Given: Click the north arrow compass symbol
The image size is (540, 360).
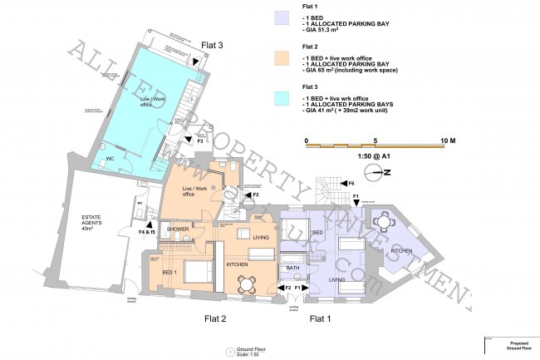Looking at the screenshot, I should click(x=379, y=173).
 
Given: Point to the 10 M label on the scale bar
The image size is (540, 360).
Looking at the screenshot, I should click(x=446, y=141).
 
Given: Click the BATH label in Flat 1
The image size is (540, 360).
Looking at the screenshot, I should click(x=292, y=269).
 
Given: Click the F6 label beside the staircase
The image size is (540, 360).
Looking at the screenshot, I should click(x=351, y=183).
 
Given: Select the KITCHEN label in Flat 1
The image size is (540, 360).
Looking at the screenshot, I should click(x=402, y=250).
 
